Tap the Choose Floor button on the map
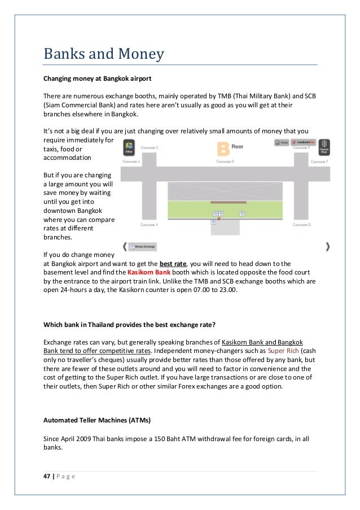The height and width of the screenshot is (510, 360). point(324,147)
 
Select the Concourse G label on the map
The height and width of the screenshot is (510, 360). point(301,224)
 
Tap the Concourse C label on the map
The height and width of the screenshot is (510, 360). point(149,147)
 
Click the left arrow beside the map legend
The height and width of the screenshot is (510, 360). point(124,247)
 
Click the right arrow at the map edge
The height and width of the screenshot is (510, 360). point(328,247)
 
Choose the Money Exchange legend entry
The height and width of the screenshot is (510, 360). point(143,247)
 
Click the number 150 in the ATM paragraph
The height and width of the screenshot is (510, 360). point(160,438)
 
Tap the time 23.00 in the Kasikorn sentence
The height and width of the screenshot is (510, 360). point(228,289)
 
